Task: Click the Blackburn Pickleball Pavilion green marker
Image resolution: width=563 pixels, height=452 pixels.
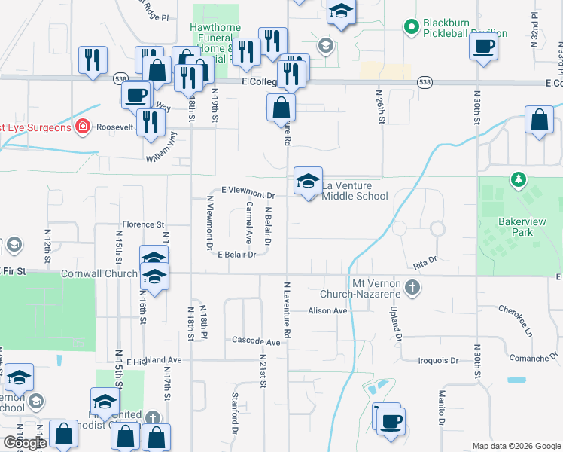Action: [x=411, y=28]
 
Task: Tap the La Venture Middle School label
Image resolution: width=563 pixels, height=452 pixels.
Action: [x=355, y=191]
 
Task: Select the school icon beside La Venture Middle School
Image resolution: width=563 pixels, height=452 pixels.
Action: [x=308, y=182]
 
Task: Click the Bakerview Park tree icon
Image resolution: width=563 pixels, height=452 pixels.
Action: [x=518, y=179]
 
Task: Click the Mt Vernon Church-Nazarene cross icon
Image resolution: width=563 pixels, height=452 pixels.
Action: [x=412, y=287]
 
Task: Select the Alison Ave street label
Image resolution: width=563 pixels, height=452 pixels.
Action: [x=327, y=310]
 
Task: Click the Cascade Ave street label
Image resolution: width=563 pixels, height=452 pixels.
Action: [x=256, y=341]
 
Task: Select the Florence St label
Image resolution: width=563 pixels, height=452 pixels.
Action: [x=143, y=224]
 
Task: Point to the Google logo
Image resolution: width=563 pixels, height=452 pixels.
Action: [x=24, y=443]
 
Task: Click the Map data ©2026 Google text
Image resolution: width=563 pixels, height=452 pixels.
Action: [x=516, y=446]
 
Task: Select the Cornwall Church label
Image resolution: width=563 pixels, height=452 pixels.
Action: [x=99, y=274]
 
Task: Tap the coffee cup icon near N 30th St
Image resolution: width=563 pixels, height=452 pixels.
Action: [x=483, y=47]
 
